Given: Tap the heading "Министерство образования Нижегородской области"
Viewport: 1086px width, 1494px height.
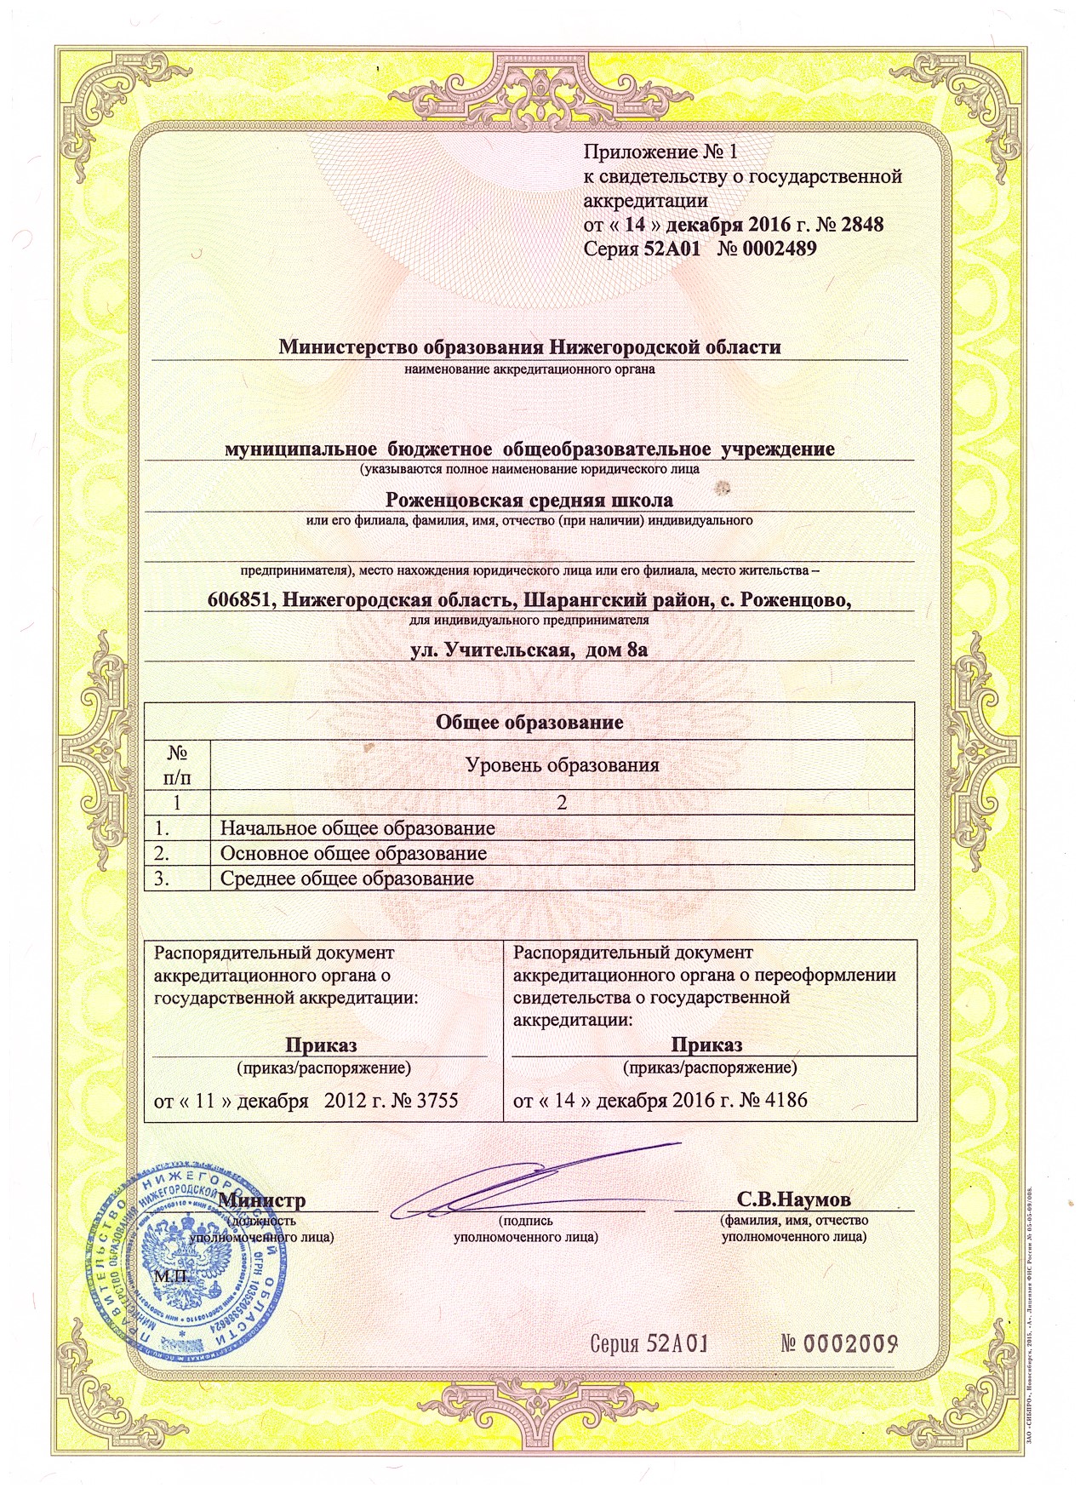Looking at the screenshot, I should (529, 347).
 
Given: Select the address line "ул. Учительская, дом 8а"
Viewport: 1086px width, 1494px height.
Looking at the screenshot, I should (529, 651).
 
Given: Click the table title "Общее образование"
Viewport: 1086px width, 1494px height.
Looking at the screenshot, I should (529, 723).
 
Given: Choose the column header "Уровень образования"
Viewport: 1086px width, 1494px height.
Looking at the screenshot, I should (563, 764).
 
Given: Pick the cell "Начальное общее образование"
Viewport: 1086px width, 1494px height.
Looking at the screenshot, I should (357, 828).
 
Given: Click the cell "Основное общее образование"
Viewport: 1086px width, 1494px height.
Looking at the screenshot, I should (353, 853).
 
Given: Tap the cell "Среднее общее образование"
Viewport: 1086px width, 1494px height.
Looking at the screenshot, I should (346, 879).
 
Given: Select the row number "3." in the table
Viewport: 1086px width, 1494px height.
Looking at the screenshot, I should (162, 879).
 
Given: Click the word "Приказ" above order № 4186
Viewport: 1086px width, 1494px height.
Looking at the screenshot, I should (706, 1045).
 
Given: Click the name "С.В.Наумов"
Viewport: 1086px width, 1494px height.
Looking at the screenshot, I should (793, 1200).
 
